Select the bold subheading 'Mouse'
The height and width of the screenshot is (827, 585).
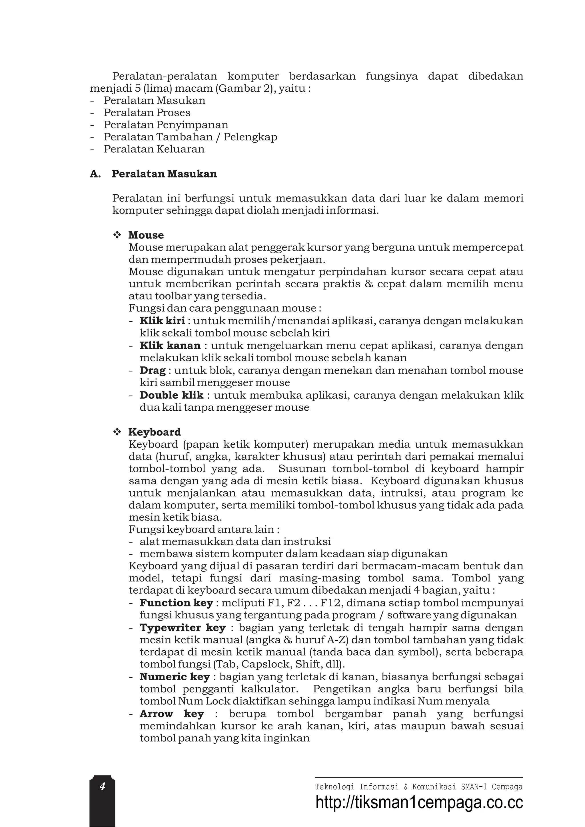click(146, 235)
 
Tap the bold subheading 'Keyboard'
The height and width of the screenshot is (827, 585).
click(155, 432)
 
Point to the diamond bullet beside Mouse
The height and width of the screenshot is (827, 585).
click(117, 235)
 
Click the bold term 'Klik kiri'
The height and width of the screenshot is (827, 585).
click(162, 320)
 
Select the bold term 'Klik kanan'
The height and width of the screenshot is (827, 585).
click(170, 345)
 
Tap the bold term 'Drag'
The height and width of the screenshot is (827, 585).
click(153, 370)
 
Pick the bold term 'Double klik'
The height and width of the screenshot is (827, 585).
click(172, 395)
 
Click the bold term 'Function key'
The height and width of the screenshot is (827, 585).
click(176, 603)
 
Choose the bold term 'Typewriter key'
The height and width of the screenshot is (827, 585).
click(183, 628)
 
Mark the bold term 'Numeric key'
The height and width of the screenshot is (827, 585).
click(175, 677)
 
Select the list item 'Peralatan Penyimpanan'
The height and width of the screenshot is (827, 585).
click(166, 125)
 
